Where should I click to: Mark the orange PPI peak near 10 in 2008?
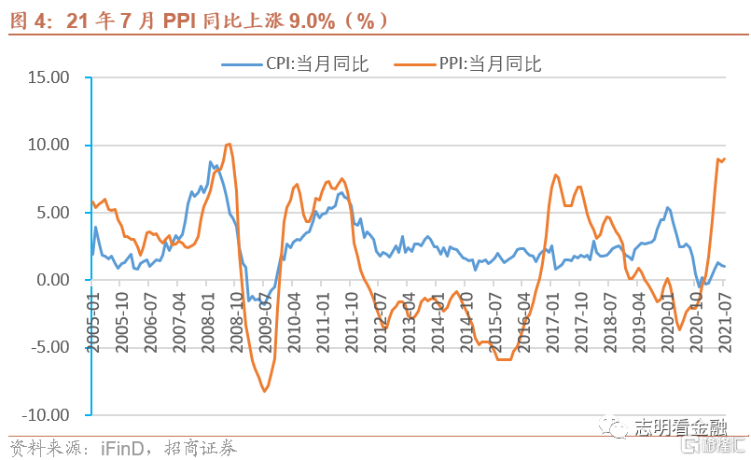point(229,144)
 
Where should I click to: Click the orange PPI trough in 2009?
point(264,391)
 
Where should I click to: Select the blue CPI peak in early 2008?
point(211,161)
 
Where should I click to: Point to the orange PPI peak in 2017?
point(556,174)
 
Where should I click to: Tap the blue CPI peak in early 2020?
point(668,207)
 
